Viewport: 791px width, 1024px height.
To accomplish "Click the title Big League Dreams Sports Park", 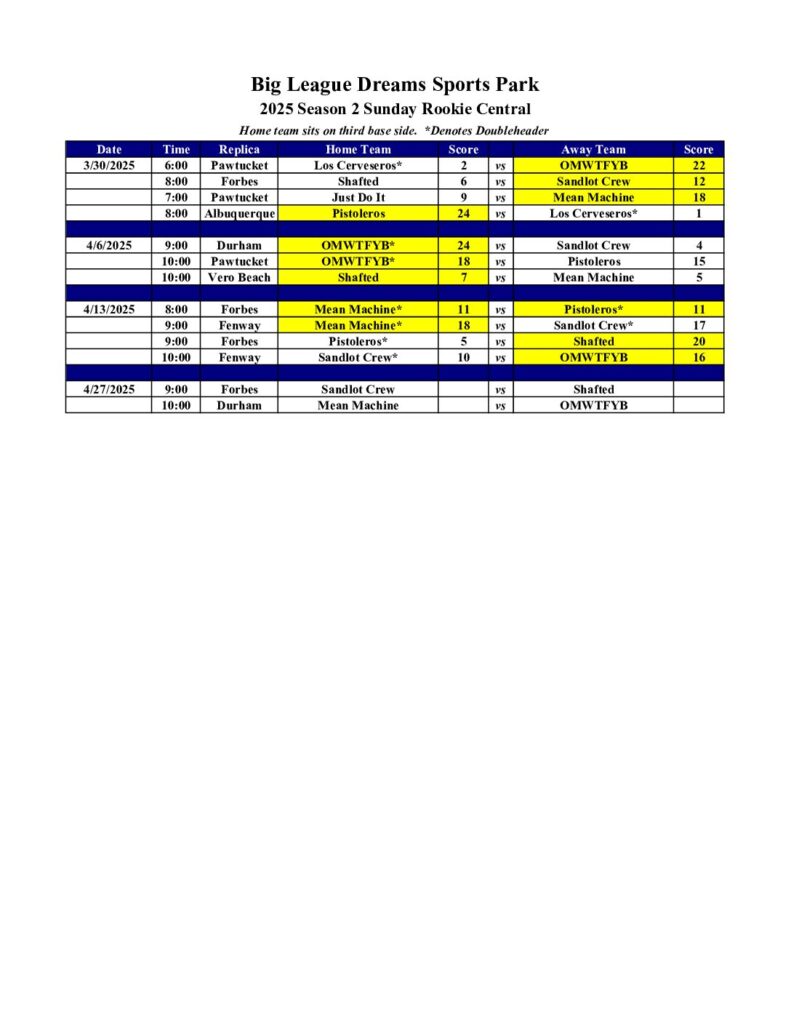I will tap(395, 85).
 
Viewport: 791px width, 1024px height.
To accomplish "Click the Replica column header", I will tap(239, 149).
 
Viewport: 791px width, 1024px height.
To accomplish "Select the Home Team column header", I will tap(358, 149).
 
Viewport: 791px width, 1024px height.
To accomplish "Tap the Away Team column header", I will tap(594, 149).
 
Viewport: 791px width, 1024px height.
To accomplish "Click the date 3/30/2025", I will tap(108, 165).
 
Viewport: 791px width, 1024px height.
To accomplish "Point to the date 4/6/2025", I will tap(108, 245).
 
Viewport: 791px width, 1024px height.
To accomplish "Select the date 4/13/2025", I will tap(108, 309).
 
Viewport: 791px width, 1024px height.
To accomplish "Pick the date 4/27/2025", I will tap(108, 389).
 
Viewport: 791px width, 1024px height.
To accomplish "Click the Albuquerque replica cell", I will tap(239, 213).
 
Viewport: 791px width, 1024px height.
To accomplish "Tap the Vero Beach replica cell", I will tap(239, 277).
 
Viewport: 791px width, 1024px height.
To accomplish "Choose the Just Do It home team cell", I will tap(358, 197).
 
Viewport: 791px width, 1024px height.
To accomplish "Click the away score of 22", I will tap(699, 165).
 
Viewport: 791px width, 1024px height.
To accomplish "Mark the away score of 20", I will tap(699, 341).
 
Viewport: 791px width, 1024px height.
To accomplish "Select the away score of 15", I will tap(699, 261).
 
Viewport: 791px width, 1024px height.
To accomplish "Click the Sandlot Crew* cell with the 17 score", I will tap(594, 325).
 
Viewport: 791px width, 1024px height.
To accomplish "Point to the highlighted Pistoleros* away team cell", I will tap(594, 309).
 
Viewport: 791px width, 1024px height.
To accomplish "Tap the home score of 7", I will tap(464, 277).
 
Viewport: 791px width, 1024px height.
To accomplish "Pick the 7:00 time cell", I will tap(176, 197).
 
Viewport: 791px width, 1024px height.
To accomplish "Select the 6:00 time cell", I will tap(176, 165).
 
